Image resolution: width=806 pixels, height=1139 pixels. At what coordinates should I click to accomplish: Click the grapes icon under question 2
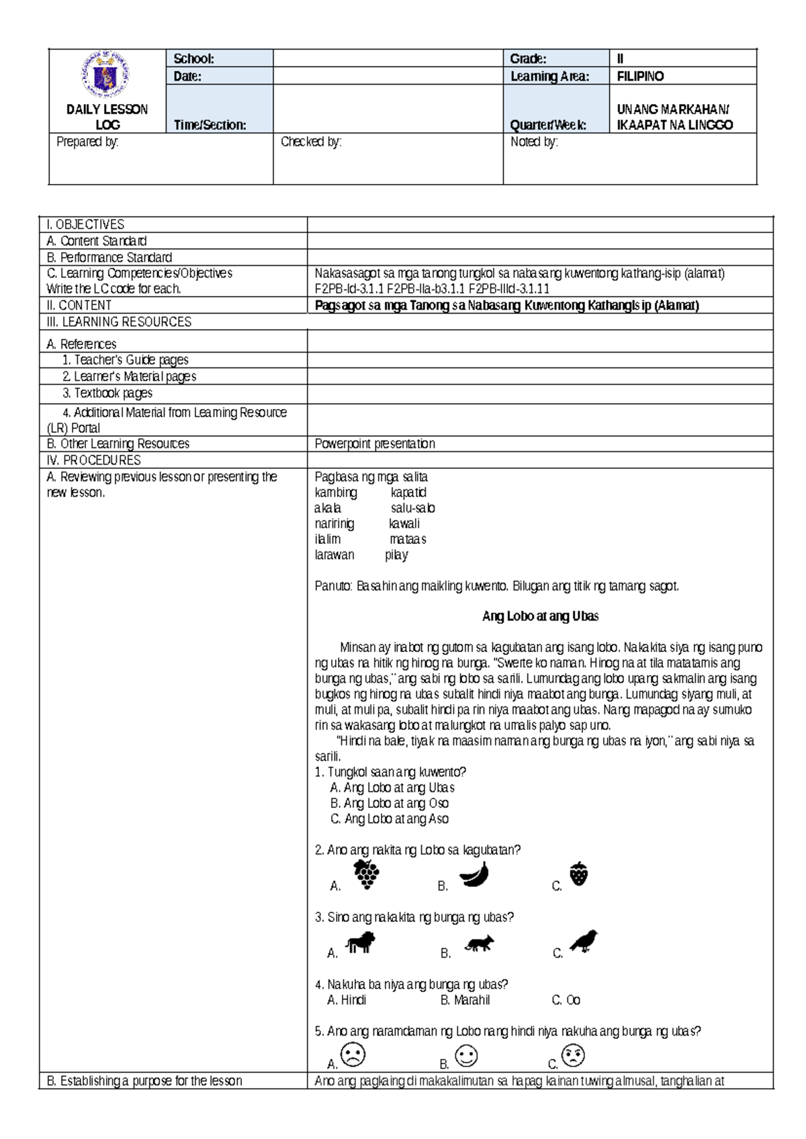coord(367,874)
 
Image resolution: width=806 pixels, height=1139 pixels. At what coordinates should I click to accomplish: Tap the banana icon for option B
coord(474,875)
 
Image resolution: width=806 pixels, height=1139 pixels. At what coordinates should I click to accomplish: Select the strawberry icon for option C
coord(578,874)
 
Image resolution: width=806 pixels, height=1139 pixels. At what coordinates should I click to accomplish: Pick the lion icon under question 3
coord(361,943)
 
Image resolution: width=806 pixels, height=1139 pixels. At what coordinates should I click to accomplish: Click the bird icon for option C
coord(584,942)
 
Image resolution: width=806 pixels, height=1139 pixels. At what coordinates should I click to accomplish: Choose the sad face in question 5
coord(353,1054)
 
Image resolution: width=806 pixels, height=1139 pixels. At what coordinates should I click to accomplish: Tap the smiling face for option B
coord(466,1055)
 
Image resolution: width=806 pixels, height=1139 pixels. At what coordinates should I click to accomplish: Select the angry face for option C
coord(574,1055)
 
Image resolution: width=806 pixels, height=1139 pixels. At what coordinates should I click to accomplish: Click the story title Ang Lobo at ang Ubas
coord(540,616)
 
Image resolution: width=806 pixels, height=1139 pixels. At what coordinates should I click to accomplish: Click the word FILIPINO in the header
coord(640,76)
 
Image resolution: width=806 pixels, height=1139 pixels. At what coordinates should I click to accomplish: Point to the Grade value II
coord(620,58)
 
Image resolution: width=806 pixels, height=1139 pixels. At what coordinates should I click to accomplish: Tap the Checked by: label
coord(311,142)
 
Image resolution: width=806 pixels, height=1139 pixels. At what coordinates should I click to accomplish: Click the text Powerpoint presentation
coord(375,443)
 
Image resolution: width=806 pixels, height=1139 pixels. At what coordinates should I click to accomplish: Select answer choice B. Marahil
coord(465,1000)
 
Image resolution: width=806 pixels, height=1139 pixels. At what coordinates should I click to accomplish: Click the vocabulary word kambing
coord(336,492)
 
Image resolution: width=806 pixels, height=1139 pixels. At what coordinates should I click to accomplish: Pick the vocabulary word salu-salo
coord(412,508)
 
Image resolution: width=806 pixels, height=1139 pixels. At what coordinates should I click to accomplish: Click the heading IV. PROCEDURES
coord(93,460)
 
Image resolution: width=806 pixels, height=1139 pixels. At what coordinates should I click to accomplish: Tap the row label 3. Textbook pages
coord(107,393)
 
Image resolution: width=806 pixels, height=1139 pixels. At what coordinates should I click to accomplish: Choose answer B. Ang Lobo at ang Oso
coord(390,803)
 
